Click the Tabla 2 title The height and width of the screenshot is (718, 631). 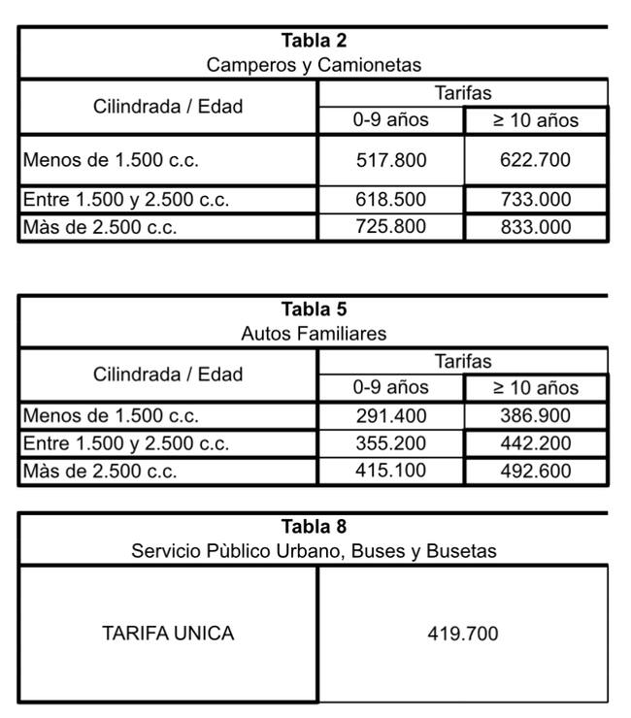point(314,41)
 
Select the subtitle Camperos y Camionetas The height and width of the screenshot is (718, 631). point(314,65)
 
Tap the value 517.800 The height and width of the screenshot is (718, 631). point(390,160)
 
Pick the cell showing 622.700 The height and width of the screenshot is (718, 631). point(535,160)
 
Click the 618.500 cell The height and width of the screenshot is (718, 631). point(390,200)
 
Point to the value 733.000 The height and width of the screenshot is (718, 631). point(535,200)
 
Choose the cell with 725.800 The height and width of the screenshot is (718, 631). point(390,227)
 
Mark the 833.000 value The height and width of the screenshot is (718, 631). point(535,227)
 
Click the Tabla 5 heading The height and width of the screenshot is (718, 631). point(314,310)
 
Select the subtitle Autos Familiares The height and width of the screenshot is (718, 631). point(314,334)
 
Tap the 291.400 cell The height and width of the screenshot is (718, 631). point(390,416)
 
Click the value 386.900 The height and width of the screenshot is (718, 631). point(535,416)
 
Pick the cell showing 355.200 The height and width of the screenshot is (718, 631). point(390,444)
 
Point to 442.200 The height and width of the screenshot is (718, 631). point(535,444)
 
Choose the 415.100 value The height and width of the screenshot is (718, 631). point(390,472)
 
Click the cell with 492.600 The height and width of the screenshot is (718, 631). point(535,472)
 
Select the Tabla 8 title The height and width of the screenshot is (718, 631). point(314,527)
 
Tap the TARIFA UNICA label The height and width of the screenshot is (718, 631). point(168,634)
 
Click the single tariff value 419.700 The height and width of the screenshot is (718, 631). point(463,634)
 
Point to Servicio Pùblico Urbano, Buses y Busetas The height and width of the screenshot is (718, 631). point(314,551)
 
